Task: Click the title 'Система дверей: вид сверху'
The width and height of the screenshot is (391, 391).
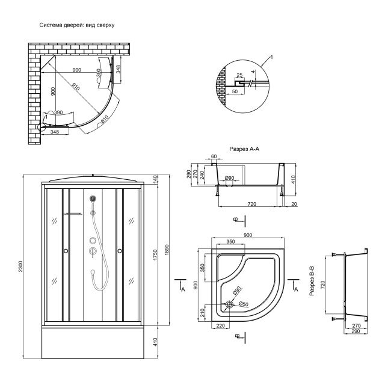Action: tap(77, 25)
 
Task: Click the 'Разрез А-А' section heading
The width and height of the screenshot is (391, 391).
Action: tap(244, 149)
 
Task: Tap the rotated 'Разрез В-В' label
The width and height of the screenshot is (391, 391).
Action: tap(312, 281)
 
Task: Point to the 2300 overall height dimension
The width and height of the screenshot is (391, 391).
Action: tap(20, 266)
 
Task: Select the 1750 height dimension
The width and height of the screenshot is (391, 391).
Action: tap(155, 255)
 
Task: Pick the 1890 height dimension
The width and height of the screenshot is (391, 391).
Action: tap(167, 250)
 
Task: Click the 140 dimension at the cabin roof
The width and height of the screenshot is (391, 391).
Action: tap(155, 179)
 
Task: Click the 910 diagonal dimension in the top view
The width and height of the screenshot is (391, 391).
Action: tap(76, 87)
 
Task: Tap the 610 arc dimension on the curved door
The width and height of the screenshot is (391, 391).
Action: tap(105, 120)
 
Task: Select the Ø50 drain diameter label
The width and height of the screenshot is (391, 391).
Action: tap(244, 304)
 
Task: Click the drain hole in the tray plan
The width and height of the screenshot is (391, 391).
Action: tap(229, 304)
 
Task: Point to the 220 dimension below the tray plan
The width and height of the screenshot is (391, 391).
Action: tap(220, 325)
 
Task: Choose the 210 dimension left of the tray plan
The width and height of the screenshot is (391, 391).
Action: tap(202, 313)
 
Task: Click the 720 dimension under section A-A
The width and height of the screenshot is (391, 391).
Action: tap(252, 204)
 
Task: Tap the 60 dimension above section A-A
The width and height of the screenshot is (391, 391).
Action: tap(214, 156)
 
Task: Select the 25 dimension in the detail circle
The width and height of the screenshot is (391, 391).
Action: tap(239, 75)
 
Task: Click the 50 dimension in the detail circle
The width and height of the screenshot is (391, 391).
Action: tap(235, 91)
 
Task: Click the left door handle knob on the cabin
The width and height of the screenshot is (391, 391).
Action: tap(66, 251)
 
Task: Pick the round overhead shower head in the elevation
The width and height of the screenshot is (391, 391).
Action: tap(93, 199)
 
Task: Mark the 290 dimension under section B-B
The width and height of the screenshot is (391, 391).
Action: tap(356, 331)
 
